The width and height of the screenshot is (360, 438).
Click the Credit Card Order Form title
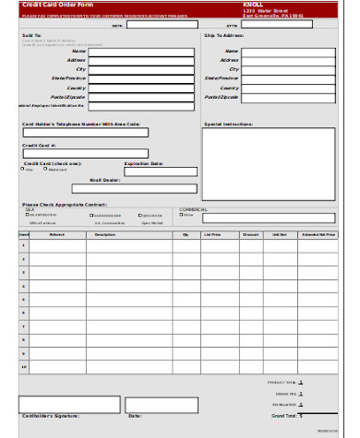(x=46, y=5)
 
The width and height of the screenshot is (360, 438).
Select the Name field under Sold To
(x=139, y=52)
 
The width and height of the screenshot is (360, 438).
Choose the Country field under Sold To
(x=139, y=88)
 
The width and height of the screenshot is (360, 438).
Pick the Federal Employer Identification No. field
(x=139, y=106)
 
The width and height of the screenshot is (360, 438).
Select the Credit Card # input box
(x=85, y=154)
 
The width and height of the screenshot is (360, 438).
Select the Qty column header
(x=186, y=235)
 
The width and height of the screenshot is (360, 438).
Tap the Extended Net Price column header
(x=318, y=235)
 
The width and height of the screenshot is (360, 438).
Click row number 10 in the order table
(x=24, y=367)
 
